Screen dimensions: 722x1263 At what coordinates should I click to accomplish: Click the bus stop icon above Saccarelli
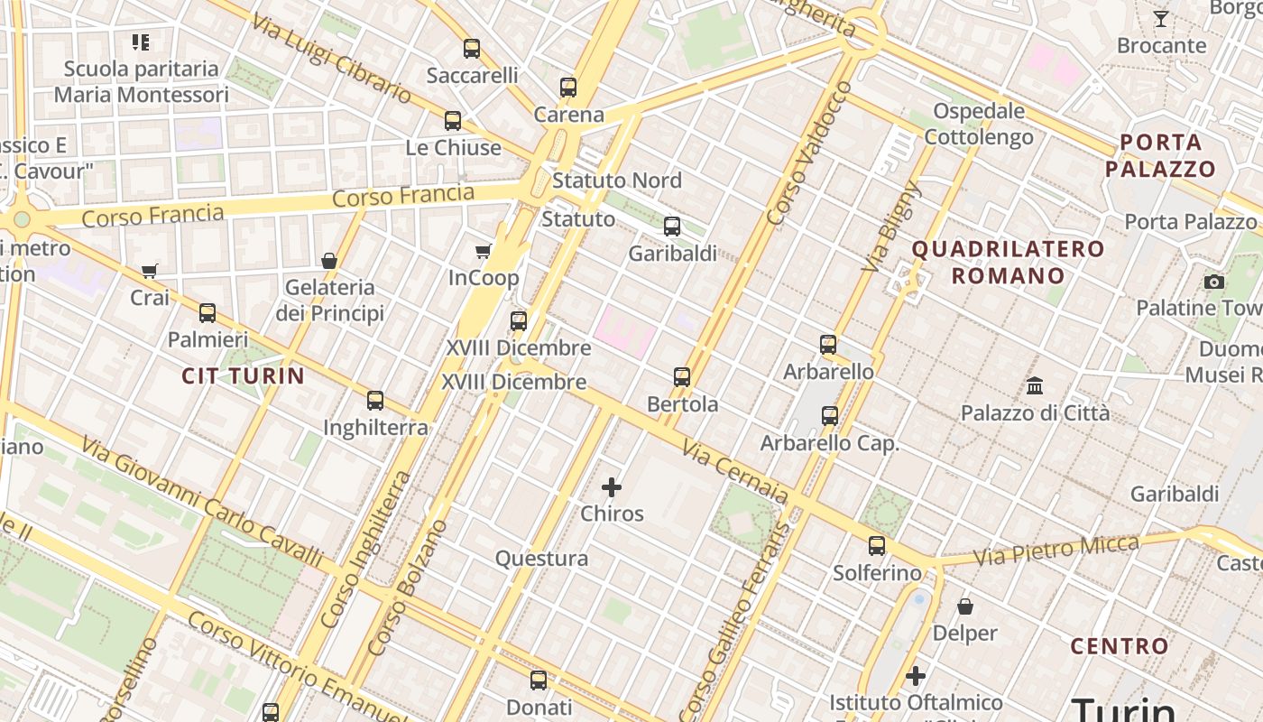pyautogui.click(x=472, y=49)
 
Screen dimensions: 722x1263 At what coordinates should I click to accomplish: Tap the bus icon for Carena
pyautogui.click(x=568, y=88)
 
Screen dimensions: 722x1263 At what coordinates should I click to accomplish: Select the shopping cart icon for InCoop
pyautogui.click(x=484, y=251)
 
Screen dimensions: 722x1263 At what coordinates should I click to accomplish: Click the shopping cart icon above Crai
pyautogui.click(x=150, y=271)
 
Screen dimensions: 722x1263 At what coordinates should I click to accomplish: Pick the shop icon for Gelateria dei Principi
pyautogui.click(x=329, y=261)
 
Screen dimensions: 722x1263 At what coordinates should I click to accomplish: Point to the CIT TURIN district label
pyautogui.click(x=244, y=375)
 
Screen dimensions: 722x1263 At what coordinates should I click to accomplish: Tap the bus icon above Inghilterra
pyautogui.click(x=375, y=401)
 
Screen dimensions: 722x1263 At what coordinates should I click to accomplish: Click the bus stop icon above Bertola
pyautogui.click(x=682, y=377)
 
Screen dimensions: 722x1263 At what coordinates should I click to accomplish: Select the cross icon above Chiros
pyautogui.click(x=612, y=487)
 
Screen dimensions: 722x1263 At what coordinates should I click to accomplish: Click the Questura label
pyautogui.click(x=541, y=559)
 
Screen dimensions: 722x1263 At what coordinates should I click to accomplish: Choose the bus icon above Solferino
pyautogui.click(x=877, y=546)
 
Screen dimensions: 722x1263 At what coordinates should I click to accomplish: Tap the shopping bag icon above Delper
pyautogui.click(x=965, y=606)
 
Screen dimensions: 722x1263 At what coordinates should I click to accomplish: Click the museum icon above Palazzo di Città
pyautogui.click(x=1035, y=386)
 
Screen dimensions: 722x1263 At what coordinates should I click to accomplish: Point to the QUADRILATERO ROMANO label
pyautogui.click(x=1008, y=262)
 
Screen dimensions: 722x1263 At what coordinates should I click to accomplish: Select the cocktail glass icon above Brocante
pyautogui.click(x=1161, y=19)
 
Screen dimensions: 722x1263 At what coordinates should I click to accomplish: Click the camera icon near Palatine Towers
pyautogui.click(x=1214, y=282)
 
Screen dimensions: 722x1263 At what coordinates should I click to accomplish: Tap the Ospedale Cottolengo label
pyautogui.click(x=979, y=124)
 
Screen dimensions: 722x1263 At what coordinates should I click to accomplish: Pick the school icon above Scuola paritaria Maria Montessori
pyautogui.click(x=140, y=42)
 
